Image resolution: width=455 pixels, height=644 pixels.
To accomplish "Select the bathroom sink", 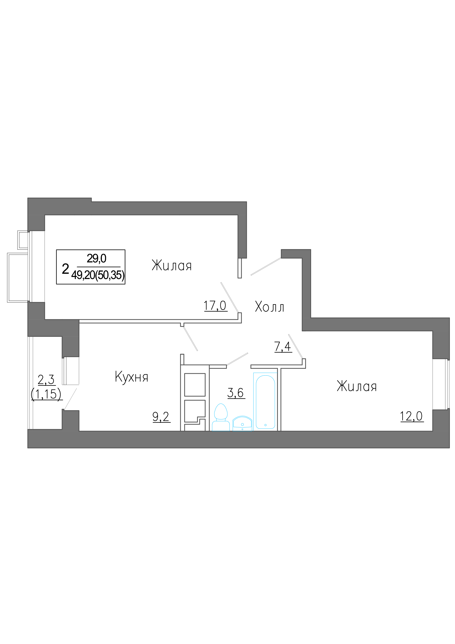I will [242, 423].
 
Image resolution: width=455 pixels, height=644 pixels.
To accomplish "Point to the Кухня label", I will [131, 377].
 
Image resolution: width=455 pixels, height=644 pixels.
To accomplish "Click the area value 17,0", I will [215, 305].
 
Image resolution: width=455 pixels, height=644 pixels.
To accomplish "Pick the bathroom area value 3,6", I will [235, 393].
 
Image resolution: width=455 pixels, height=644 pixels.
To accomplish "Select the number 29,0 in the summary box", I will [96, 258].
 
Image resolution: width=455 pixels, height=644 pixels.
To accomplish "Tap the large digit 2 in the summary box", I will [65, 269].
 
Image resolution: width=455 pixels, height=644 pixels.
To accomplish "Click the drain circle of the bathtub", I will [265, 425].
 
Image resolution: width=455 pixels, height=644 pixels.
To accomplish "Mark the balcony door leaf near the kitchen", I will [70, 399].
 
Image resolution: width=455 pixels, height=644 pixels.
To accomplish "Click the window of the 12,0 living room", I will [441, 384].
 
